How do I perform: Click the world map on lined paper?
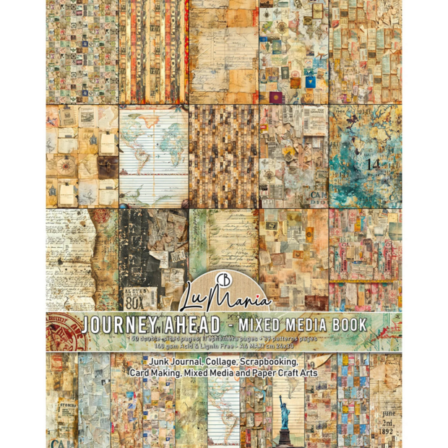click(x=153, y=156)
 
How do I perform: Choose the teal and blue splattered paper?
click(x=365, y=156)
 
